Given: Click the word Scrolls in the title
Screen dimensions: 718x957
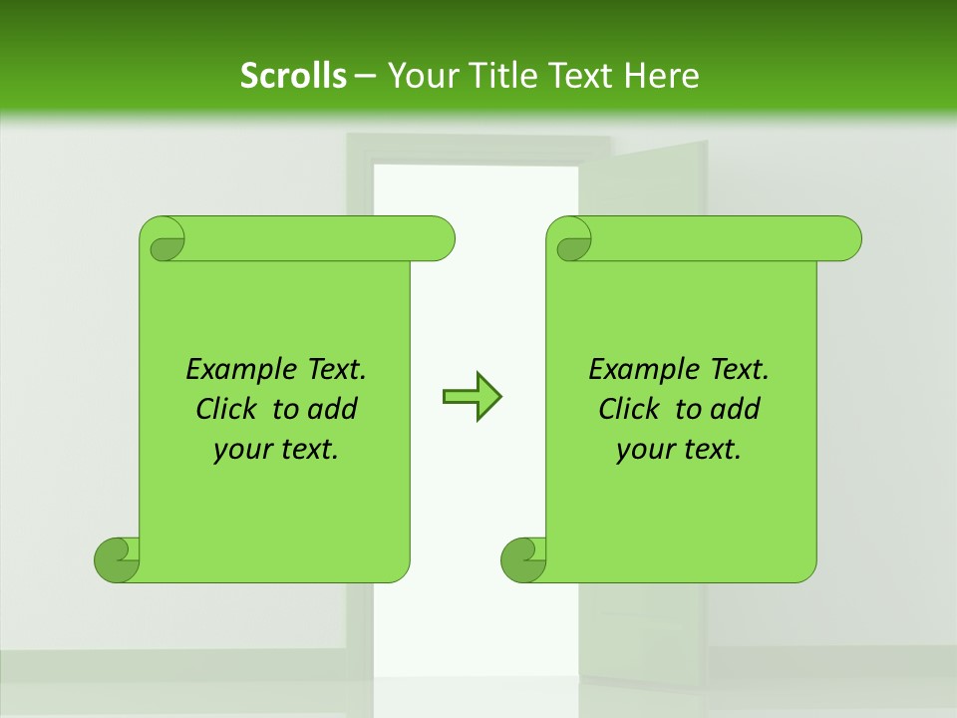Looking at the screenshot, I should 293,76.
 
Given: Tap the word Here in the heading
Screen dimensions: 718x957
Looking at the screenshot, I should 661,76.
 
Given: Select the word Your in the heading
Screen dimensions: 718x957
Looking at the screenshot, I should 418,76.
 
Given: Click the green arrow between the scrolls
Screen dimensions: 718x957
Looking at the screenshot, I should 472,397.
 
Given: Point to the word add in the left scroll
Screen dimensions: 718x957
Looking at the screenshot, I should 332,409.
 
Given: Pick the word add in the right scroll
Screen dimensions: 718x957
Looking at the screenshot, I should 735,409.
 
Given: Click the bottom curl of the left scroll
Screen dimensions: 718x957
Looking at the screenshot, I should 116,559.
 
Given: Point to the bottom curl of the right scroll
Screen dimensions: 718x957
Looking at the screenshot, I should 522,559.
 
